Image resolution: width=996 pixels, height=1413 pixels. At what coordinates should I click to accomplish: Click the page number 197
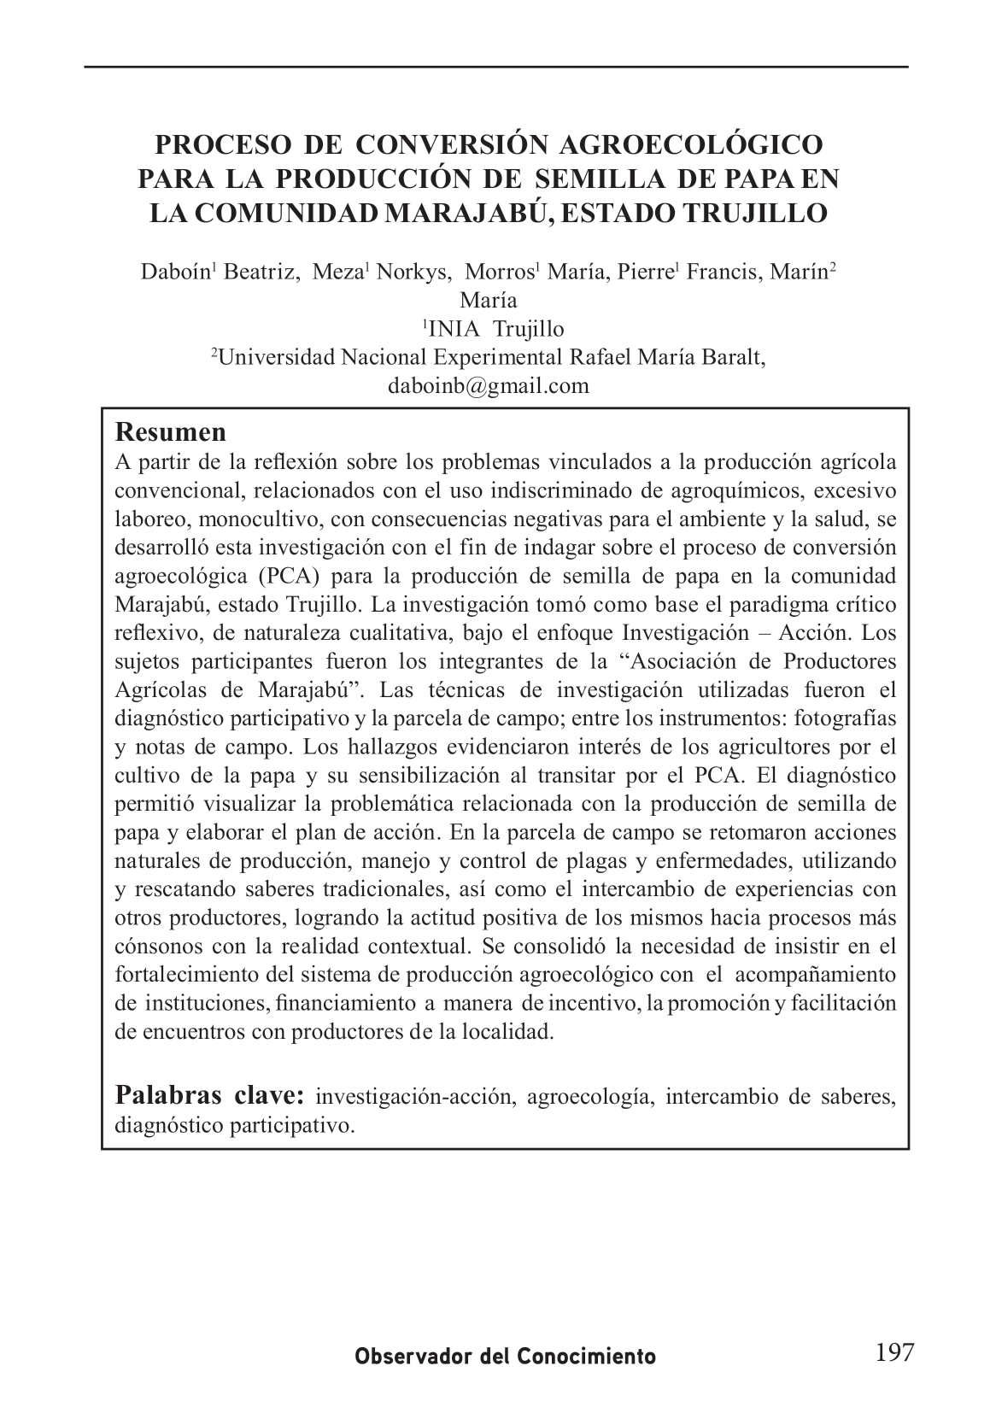click(894, 1352)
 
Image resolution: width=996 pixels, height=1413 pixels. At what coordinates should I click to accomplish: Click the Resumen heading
click(171, 431)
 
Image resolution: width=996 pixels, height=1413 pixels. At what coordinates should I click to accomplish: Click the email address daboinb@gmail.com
click(488, 385)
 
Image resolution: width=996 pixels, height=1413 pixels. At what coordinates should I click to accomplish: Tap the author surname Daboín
click(175, 273)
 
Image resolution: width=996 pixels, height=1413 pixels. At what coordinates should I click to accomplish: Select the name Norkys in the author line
click(414, 273)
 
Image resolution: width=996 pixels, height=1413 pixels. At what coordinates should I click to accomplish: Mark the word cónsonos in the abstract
click(158, 947)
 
